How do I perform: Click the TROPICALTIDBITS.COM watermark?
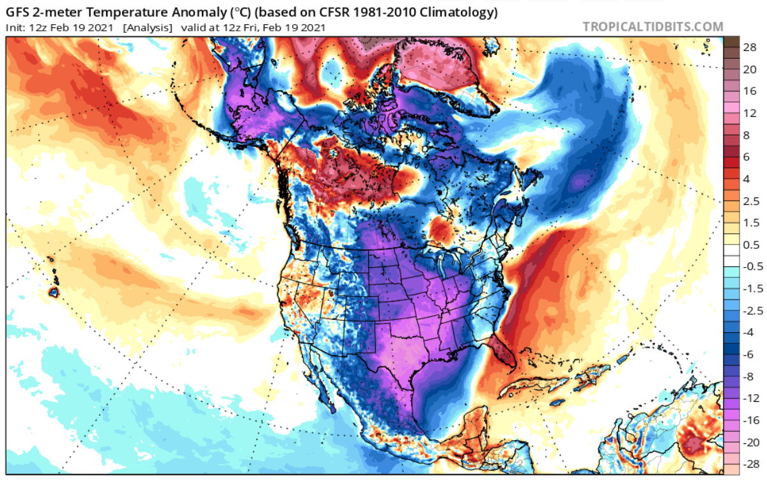coord(653,27)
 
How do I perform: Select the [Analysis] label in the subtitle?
coord(148,27)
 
